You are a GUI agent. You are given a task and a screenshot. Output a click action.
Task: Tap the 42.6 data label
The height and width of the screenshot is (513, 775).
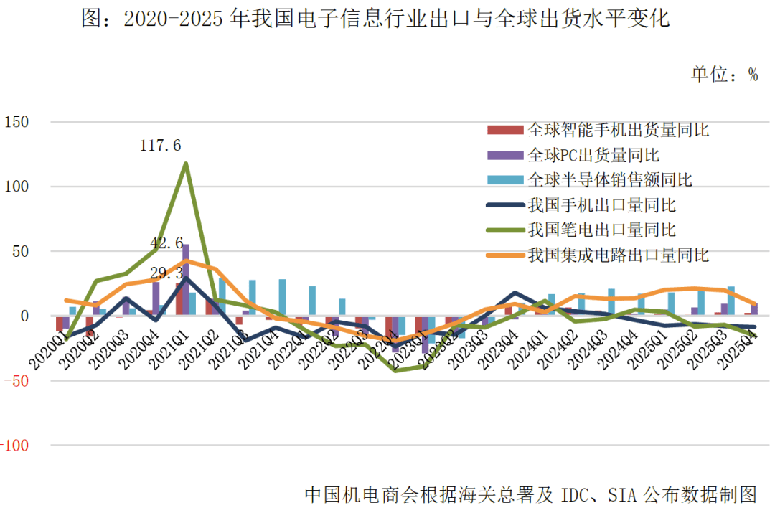[166, 243]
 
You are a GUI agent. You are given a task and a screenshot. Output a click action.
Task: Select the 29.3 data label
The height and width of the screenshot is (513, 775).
[167, 273]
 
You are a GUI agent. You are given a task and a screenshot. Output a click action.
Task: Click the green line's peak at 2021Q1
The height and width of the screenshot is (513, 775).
[186, 164]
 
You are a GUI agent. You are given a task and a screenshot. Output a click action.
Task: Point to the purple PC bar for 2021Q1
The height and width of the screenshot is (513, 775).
[186, 280]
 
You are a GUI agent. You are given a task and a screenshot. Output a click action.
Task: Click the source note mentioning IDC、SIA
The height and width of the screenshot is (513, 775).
[531, 494]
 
